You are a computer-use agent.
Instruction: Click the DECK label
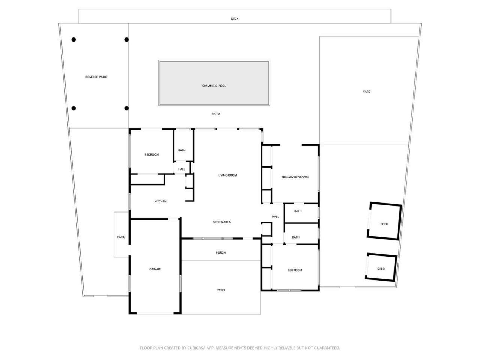pyautogui.click(x=234, y=19)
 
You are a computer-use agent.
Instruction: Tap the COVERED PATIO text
pyautogui.click(x=96, y=77)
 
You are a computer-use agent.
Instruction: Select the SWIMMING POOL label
pyautogui.click(x=214, y=86)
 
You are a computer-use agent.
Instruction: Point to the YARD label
pyautogui.click(x=366, y=91)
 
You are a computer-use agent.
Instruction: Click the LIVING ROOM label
pyautogui.click(x=228, y=175)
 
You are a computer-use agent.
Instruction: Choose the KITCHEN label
pyautogui.click(x=160, y=201)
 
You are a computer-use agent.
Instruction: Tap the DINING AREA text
pyautogui.click(x=222, y=222)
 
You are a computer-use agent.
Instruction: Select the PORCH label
pyautogui.click(x=221, y=252)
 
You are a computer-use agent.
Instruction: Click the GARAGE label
pyautogui.click(x=155, y=269)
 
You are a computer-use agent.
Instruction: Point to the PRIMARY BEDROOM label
pyautogui.click(x=295, y=177)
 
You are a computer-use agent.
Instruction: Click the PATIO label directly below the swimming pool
pyautogui.click(x=216, y=114)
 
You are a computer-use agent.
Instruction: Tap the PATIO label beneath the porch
pyautogui.click(x=221, y=290)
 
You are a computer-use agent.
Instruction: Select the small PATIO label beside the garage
pyautogui.click(x=121, y=237)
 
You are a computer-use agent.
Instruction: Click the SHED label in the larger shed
pyautogui.click(x=384, y=224)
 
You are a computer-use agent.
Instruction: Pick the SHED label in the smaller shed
pyautogui.click(x=381, y=268)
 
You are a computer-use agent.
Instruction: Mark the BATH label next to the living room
pyautogui.click(x=181, y=150)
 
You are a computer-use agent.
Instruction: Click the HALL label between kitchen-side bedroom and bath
pyautogui.click(x=181, y=169)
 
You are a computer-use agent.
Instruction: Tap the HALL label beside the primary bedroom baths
pyautogui.click(x=276, y=216)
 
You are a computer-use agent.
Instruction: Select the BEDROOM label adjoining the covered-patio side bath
pyautogui.click(x=151, y=154)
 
